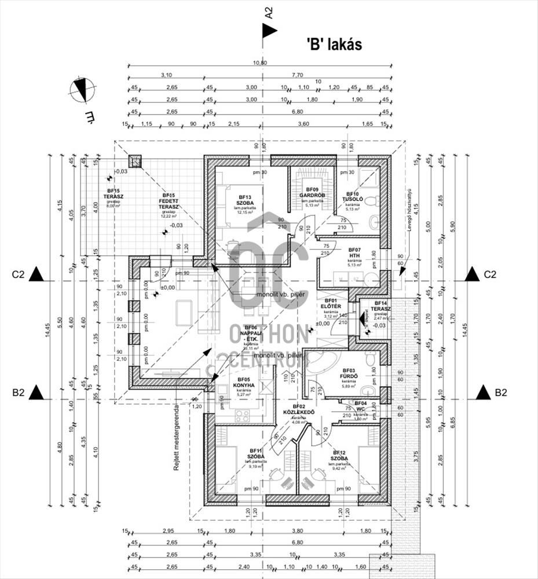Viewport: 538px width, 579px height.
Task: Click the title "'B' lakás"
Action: [334, 45]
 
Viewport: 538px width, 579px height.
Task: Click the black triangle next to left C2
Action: [38, 274]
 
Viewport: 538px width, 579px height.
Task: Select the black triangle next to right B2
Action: [483, 393]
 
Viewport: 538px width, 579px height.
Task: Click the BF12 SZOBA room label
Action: [339, 456]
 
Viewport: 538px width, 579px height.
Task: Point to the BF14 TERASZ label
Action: [380, 307]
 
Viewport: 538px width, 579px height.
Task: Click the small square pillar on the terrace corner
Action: [134, 162]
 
